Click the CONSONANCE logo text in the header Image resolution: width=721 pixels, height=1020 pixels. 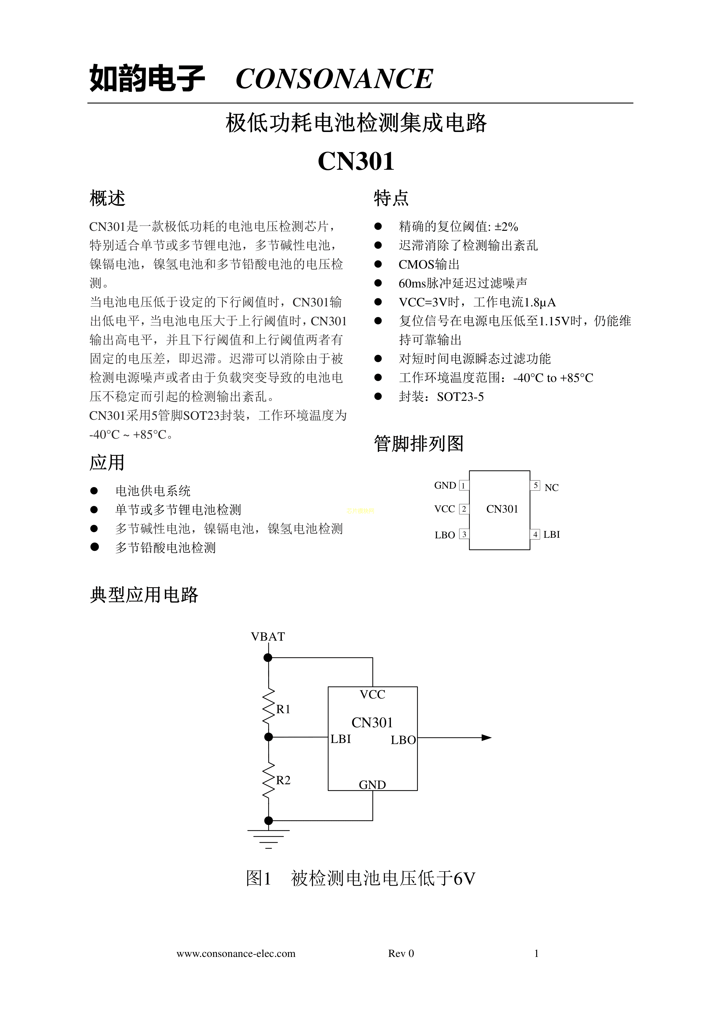click(334, 79)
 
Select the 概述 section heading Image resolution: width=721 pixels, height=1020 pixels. click(108, 198)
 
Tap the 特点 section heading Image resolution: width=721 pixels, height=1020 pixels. click(391, 198)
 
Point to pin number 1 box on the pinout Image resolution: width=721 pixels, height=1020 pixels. click(463, 485)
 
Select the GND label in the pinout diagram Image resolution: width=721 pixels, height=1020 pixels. click(445, 485)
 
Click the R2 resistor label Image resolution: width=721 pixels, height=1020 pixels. click(283, 780)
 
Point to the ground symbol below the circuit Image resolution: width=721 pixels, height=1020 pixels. click(268, 837)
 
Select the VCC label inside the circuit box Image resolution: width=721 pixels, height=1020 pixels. click(372, 694)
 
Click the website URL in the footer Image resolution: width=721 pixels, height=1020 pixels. click(236, 953)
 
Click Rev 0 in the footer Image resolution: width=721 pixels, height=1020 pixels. click(401, 953)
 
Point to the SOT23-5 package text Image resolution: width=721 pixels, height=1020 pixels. click(460, 397)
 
